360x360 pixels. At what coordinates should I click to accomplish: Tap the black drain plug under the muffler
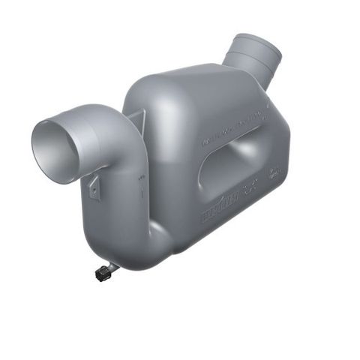click(x=103, y=274)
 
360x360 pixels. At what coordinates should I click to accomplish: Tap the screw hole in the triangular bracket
click(x=94, y=188)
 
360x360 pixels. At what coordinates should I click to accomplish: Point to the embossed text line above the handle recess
click(x=233, y=127)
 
